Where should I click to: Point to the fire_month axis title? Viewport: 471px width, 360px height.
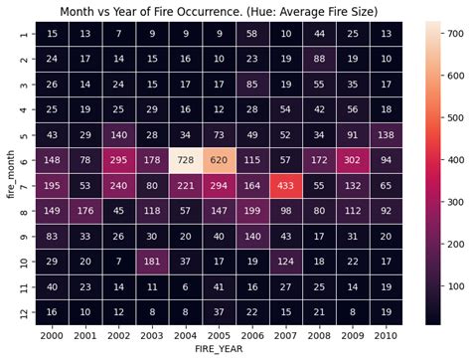coord(9,171)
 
